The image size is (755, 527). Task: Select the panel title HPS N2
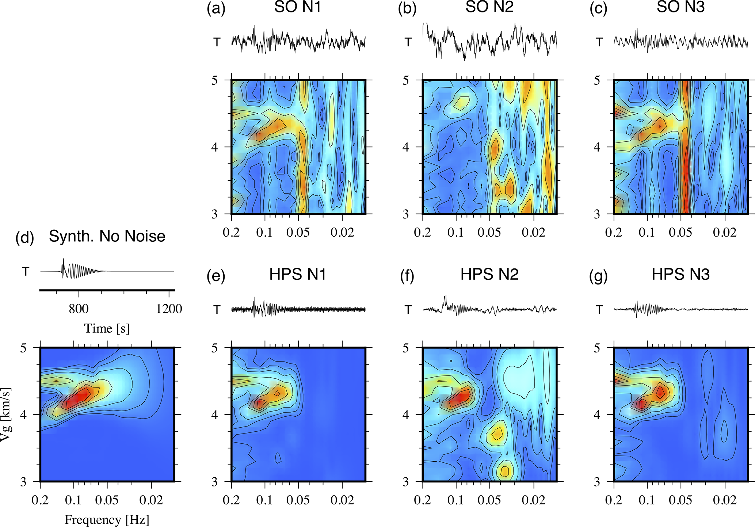489,274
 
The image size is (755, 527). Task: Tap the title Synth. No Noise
107,236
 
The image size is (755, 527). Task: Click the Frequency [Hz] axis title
107,519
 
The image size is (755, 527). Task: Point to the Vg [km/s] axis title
5,415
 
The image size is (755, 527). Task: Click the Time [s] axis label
107,328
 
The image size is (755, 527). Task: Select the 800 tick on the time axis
79,309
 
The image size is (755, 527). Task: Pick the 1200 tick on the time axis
169,309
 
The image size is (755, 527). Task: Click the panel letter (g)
598,276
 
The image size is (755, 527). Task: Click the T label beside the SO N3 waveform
599,42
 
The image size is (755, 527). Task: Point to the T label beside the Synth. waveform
26,271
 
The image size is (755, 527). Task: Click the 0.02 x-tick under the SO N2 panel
534,232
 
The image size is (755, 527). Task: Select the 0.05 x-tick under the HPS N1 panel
298,500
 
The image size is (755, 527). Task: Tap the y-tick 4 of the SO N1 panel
214,147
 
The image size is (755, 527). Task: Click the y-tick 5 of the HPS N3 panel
597,348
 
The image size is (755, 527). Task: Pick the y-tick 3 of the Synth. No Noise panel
23,482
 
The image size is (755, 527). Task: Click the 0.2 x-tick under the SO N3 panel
614,232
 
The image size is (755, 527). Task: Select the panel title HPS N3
680,274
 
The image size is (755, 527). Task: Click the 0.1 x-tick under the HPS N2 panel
456,500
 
